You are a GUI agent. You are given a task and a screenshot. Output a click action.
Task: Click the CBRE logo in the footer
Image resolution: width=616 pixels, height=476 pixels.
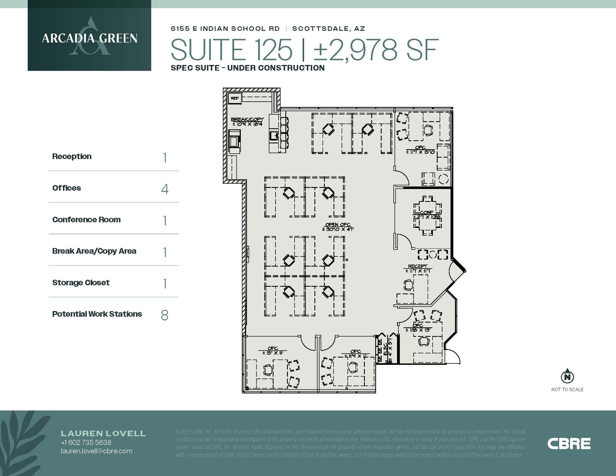(x=569, y=444)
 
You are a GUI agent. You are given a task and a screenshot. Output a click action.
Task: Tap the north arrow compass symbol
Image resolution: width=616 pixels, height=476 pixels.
(x=567, y=376)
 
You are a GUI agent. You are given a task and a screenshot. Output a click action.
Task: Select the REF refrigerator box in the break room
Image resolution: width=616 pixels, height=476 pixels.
(x=235, y=98)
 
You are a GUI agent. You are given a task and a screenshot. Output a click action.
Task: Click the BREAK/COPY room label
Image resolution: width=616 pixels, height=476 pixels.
(x=247, y=119)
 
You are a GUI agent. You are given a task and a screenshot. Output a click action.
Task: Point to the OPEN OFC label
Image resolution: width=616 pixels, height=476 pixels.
(x=337, y=225)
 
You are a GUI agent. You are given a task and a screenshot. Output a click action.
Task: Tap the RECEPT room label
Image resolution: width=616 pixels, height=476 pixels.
(x=417, y=266)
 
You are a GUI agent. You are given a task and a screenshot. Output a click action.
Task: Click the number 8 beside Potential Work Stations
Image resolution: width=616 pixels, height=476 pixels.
(x=165, y=315)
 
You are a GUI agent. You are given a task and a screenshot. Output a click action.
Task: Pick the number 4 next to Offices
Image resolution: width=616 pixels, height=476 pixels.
(x=165, y=189)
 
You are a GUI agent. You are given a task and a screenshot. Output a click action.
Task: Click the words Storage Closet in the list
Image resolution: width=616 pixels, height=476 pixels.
(x=81, y=283)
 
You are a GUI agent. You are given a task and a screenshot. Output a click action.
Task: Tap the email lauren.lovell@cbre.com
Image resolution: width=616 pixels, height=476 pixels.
(x=97, y=451)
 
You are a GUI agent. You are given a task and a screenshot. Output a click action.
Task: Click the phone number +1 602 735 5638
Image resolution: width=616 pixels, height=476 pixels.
(x=86, y=443)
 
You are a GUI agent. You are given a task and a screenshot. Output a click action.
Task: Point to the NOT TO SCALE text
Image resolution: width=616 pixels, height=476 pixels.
(x=567, y=389)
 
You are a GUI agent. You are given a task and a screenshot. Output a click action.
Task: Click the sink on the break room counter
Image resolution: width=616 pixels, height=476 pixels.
(x=274, y=136)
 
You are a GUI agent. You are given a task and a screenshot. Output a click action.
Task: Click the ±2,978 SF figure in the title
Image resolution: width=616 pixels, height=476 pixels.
(x=376, y=50)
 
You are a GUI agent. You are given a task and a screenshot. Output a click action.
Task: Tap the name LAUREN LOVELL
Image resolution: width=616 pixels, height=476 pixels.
(x=103, y=433)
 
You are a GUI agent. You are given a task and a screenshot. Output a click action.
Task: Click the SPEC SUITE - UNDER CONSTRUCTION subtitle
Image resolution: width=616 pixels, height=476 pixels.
(x=248, y=68)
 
